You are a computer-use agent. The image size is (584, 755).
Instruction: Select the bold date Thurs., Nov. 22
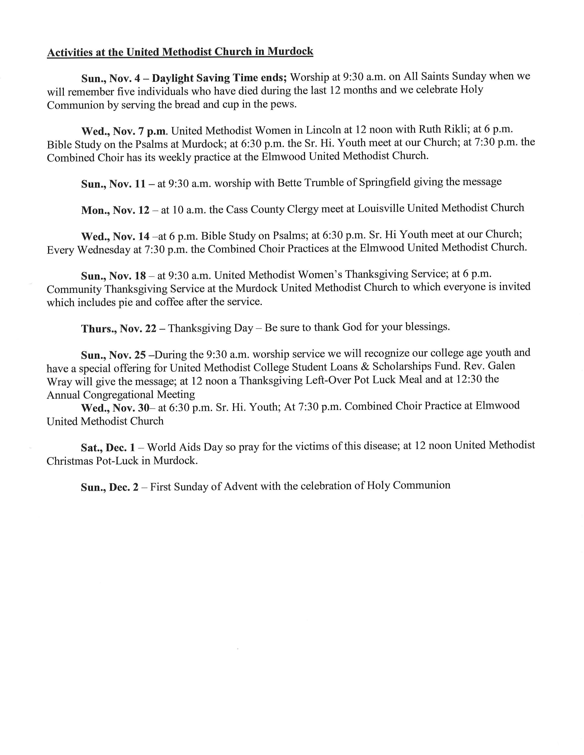[119, 328]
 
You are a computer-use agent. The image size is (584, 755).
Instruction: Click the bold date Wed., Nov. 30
[115, 408]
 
